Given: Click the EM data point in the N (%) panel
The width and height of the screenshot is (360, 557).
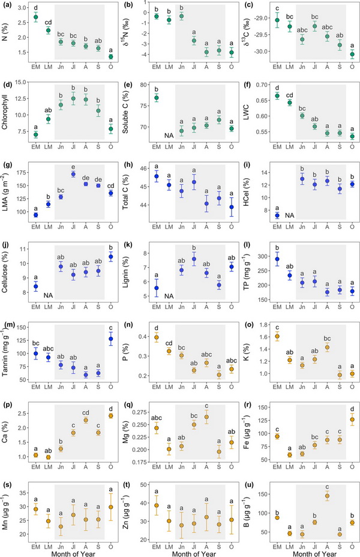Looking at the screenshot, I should coord(35,17).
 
